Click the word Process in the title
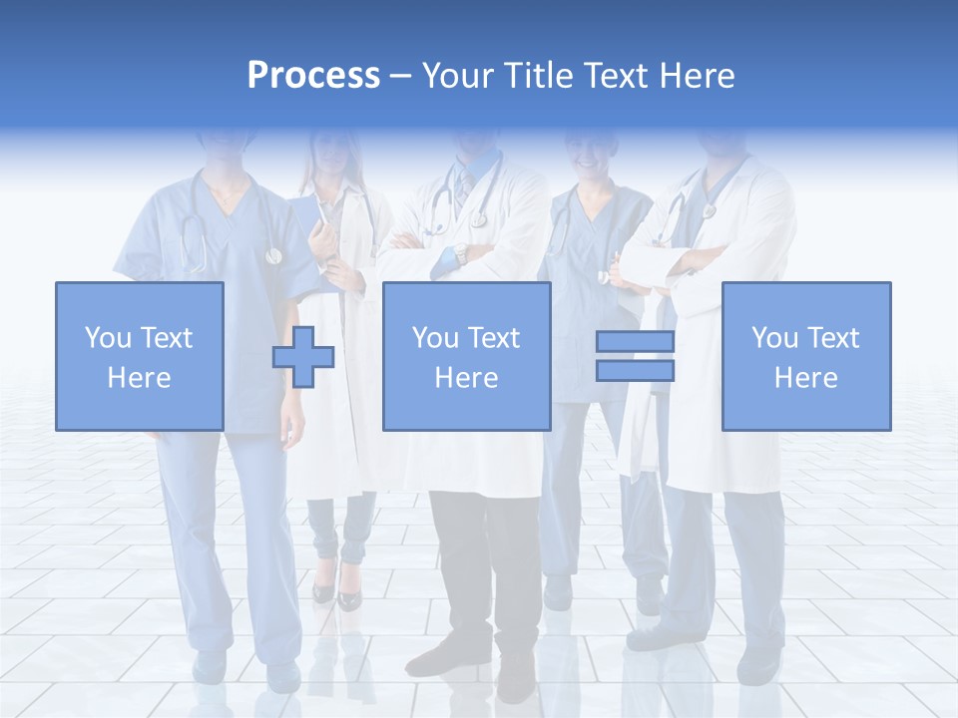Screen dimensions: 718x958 point(313,76)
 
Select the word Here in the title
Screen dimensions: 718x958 point(696,76)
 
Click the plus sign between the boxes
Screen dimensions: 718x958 point(303,357)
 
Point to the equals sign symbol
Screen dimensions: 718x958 point(635,356)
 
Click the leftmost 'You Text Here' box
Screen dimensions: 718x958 point(139,356)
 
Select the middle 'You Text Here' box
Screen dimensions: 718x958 point(466,356)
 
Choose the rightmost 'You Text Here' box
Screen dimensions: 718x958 point(805,356)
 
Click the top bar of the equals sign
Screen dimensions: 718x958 point(635,342)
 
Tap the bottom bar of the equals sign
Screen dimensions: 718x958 point(635,370)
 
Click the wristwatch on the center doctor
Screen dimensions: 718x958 point(460,253)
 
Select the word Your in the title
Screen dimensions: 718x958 point(453,76)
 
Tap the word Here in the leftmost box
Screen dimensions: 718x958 point(139,378)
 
